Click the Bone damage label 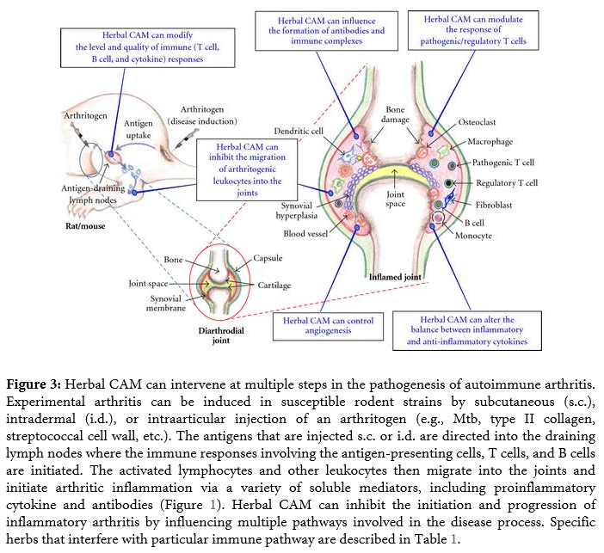pos(396,116)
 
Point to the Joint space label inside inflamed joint pos(396,200)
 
